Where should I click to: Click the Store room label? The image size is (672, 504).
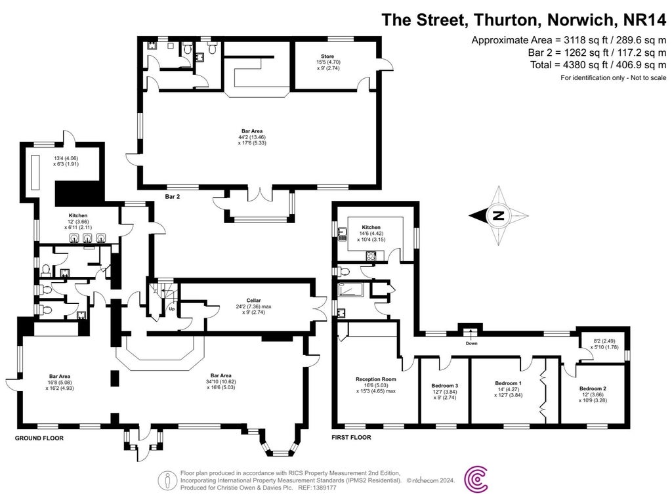327,57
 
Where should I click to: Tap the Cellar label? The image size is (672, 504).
247,300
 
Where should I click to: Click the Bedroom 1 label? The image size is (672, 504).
508,383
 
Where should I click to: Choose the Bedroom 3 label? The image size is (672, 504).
445,385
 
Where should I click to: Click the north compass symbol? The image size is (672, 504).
499,215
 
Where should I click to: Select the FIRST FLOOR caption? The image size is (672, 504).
351,437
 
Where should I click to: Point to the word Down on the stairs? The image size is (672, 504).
471,343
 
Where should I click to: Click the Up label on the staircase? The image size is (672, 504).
172,308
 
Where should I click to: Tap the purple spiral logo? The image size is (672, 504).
476,480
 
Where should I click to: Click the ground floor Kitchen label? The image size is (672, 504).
79,215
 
